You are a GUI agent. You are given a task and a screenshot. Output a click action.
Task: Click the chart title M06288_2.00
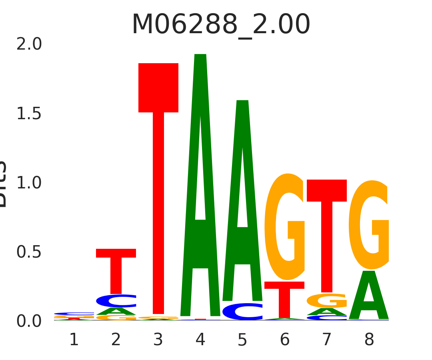click(x=221, y=25)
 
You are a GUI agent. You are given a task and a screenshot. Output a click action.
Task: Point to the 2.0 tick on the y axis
click(x=29, y=44)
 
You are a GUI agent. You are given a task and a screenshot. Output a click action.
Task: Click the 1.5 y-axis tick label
click(x=29, y=114)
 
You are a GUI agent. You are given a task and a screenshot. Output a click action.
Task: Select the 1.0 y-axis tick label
click(x=29, y=183)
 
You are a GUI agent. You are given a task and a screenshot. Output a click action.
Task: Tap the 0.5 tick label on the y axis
click(x=29, y=252)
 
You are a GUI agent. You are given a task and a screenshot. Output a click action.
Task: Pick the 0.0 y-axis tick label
click(x=29, y=321)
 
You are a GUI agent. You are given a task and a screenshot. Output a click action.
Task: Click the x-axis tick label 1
click(x=74, y=340)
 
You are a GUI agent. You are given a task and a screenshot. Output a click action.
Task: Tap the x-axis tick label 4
click(x=200, y=340)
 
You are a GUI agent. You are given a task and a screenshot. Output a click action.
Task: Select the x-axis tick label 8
click(x=369, y=340)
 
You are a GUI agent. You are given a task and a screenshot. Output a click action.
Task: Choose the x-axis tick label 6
click(x=285, y=340)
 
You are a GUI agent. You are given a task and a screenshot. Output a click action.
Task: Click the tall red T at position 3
click(x=158, y=160)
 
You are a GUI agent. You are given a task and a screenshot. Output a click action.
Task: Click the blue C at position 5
click(x=242, y=312)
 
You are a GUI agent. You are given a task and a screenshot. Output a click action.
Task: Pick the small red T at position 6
click(x=284, y=298)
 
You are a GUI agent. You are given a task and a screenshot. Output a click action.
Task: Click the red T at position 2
click(x=116, y=268)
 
